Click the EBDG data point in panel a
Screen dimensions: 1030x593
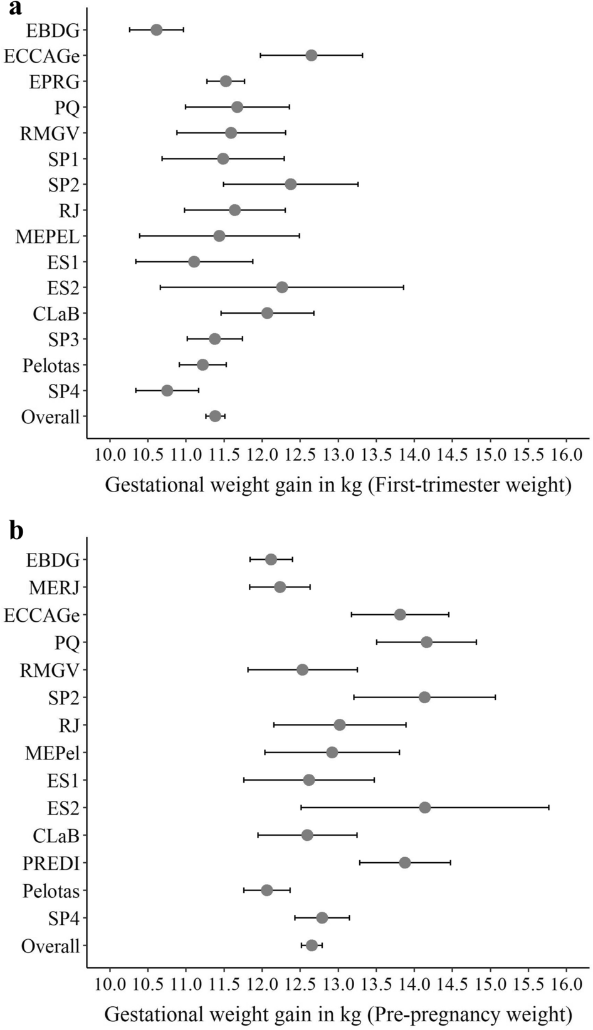tap(157, 30)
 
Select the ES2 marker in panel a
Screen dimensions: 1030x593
tap(282, 287)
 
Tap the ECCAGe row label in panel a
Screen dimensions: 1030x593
tap(42, 56)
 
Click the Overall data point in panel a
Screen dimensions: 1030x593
tap(215, 416)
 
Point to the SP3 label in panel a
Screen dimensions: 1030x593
tap(64, 340)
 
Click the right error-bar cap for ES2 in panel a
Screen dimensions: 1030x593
tap(403, 287)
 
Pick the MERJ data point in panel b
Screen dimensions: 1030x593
tap(280, 587)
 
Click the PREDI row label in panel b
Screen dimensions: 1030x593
tap(51, 863)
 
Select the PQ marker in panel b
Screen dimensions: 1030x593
tap(427, 642)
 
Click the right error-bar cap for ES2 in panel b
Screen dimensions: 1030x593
tap(548, 808)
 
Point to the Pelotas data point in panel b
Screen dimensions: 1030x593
tap(267, 890)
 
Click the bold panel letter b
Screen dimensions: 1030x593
tap(16, 531)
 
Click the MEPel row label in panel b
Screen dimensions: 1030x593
tap(53, 753)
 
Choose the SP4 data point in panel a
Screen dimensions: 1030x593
tap(167, 391)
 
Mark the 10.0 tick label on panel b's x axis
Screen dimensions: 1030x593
tap(110, 984)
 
